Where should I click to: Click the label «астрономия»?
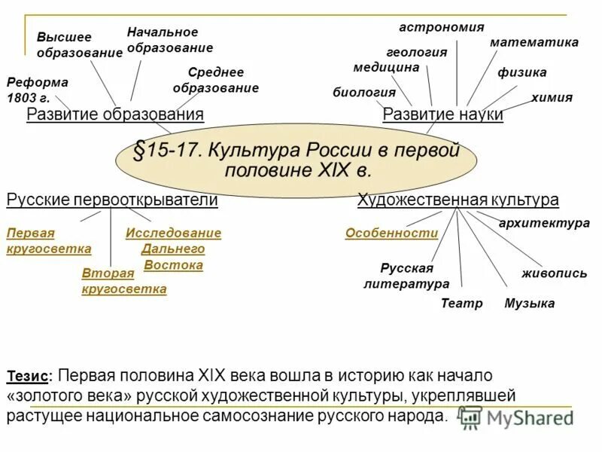441,27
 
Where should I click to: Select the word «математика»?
534,42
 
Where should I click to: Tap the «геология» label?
416,53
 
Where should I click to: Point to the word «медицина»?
386,67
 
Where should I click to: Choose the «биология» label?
364,93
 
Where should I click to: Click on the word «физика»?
522,72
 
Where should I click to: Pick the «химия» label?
552,97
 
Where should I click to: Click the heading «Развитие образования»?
115,115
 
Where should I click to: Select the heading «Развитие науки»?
443,115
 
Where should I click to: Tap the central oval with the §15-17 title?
297,159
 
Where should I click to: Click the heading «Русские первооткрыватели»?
112,200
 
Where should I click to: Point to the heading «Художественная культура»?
458,200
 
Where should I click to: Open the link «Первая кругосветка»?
48,241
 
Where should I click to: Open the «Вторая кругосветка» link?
124,281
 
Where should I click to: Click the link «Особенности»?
391,234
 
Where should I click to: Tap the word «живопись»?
555,273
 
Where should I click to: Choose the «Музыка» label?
529,304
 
